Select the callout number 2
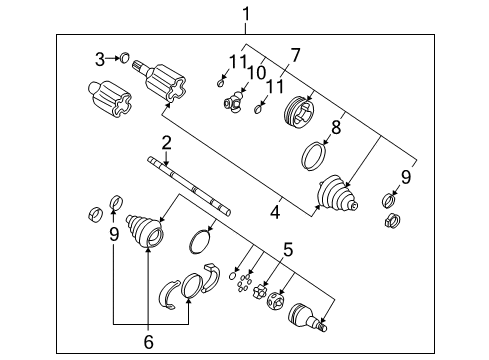click(x=167, y=142)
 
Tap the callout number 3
click(x=100, y=59)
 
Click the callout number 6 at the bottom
click(x=149, y=341)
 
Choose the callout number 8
click(x=336, y=127)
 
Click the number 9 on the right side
click(x=405, y=178)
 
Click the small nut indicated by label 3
click(x=127, y=59)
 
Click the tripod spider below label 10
click(x=235, y=101)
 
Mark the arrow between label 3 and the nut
click(x=113, y=59)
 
